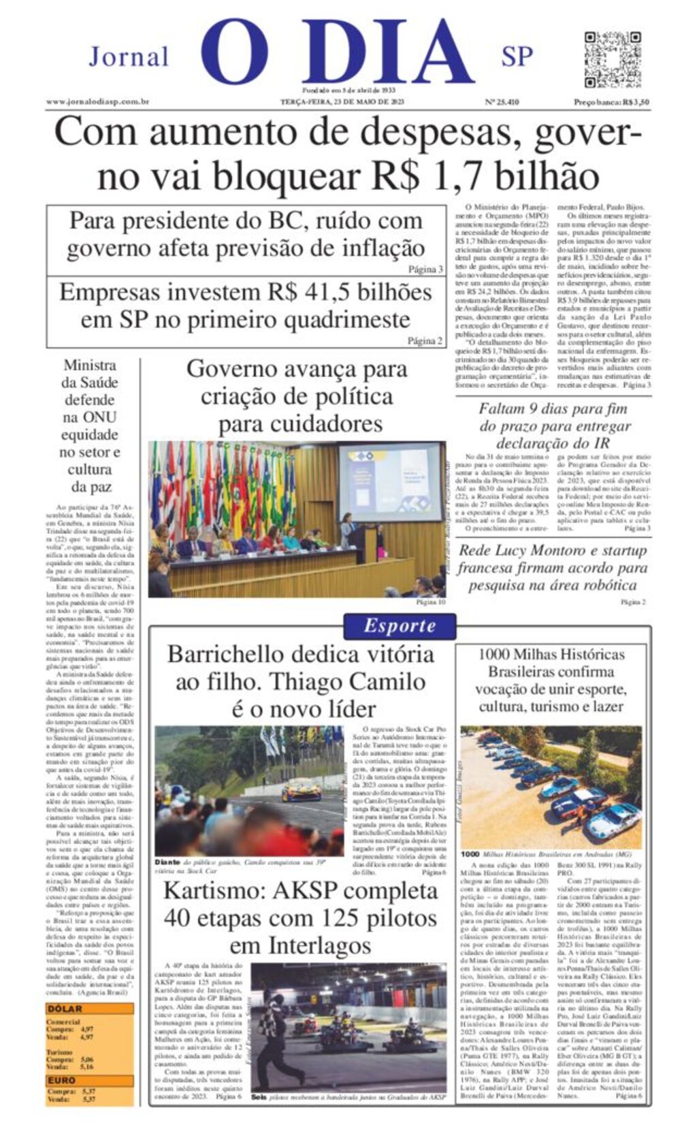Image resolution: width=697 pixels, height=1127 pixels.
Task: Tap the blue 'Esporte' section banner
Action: (x=400, y=625)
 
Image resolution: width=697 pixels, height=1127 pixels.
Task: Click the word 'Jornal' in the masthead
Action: (x=129, y=56)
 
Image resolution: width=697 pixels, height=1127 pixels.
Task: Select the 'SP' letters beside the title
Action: (x=517, y=56)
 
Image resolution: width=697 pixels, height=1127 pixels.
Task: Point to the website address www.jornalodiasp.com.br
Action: (x=98, y=102)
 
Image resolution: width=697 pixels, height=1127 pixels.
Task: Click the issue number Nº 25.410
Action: (x=502, y=102)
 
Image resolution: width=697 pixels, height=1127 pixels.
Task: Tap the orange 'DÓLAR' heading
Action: (x=65, y=1009)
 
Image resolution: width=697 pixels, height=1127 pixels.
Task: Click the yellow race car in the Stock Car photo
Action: (x=301, y=790)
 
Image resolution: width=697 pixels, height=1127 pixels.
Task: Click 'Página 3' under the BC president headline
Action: (x=425, y=269)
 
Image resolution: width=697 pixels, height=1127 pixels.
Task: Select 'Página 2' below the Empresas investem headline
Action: (x=425, y=341)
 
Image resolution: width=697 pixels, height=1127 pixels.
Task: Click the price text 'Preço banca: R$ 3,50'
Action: (x=611, y=102)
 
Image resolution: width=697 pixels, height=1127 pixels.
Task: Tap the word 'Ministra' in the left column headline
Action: (x=90, y=365)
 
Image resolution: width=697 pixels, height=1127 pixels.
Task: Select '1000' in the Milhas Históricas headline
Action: (x=494, y=655)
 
